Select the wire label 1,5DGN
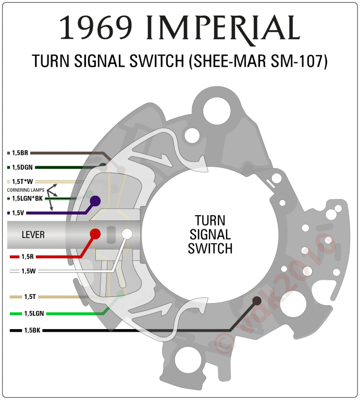tap(22, 167)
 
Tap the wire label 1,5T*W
tap(22, 182)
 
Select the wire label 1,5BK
tap(32, 330)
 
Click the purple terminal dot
tap(95, 201)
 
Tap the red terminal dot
tap(95, 233)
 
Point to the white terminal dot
tap(127, 234)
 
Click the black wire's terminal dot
tap(256, 301)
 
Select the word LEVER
tap(33, 235)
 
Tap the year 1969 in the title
tap(97, 28)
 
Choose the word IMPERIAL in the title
tap(225, 28)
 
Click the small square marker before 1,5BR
tap(8, 153)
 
